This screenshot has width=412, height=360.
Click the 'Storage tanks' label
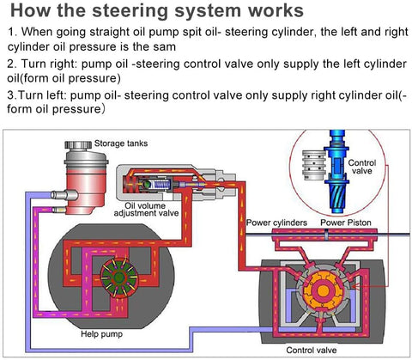(x=121, y=143)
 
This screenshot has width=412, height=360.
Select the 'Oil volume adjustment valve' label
(x=146, y=210)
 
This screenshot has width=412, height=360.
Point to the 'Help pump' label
(x=101, y=334)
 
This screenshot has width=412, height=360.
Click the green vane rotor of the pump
(x=118, y=277)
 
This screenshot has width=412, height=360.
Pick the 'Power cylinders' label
(x=276, y=223)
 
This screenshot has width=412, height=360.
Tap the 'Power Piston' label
(x=346, y=223)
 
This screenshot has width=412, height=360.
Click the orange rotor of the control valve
(x=323, y=290)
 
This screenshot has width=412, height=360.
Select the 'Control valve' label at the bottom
(x=312, y=350)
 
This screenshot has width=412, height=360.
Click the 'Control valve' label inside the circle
(x=362, y=167)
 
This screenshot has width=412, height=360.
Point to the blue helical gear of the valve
(x=337, y=198)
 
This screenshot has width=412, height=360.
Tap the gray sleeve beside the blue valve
(x=314, y=165)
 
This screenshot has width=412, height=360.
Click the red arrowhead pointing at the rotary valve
(x=354, y=286)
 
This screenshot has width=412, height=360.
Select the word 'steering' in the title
(x=130, y=10)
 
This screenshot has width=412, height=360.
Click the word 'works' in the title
(x=276, y=10)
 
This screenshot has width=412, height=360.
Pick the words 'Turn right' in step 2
(x=49, y=64)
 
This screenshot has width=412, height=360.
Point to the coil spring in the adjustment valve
(x=160, y=185)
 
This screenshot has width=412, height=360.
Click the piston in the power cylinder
(x=326, y=235)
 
